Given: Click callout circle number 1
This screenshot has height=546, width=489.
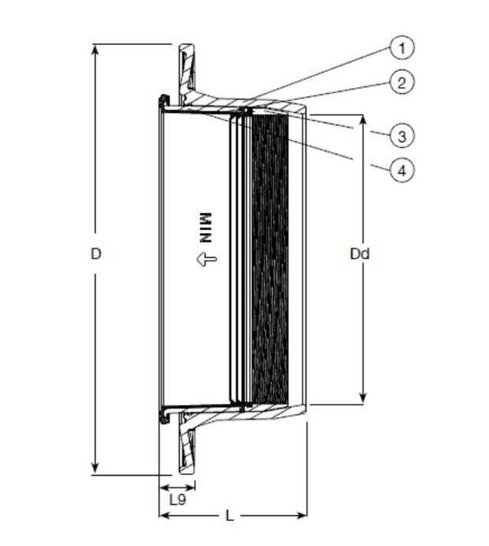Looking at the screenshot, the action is tap(401, 47).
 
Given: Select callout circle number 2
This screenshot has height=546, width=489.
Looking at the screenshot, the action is tap(401, 82).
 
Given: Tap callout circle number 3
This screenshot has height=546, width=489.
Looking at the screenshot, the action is tap(401, 135).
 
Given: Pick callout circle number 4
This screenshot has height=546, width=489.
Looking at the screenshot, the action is tap(401, 170).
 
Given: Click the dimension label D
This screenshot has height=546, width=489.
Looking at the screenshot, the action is tap(95, 254).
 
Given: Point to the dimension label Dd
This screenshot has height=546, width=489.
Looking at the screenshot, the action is tap(360, 254).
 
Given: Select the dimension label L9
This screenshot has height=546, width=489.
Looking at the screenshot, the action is tap(177, 499).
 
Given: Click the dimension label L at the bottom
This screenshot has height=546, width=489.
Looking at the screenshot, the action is tap(230, 516).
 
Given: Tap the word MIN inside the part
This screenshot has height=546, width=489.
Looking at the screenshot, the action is tap(205, 228).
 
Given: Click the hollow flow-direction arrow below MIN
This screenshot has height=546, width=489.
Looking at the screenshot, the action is tap(207, 259).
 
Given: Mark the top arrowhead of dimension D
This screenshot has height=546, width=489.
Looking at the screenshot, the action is tap(95, 50).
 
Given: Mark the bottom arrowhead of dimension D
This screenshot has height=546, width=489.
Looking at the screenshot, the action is tap(95, 469).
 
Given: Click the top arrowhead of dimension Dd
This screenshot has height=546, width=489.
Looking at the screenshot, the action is tap(363, 120).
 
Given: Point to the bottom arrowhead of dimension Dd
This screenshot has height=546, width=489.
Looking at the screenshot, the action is tap(363, 398).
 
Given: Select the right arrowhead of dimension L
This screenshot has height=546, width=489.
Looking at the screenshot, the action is tap(301, 515).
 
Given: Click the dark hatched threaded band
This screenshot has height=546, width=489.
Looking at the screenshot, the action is tap(270, 258).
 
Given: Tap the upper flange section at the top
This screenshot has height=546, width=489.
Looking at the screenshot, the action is tap(188, 73).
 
